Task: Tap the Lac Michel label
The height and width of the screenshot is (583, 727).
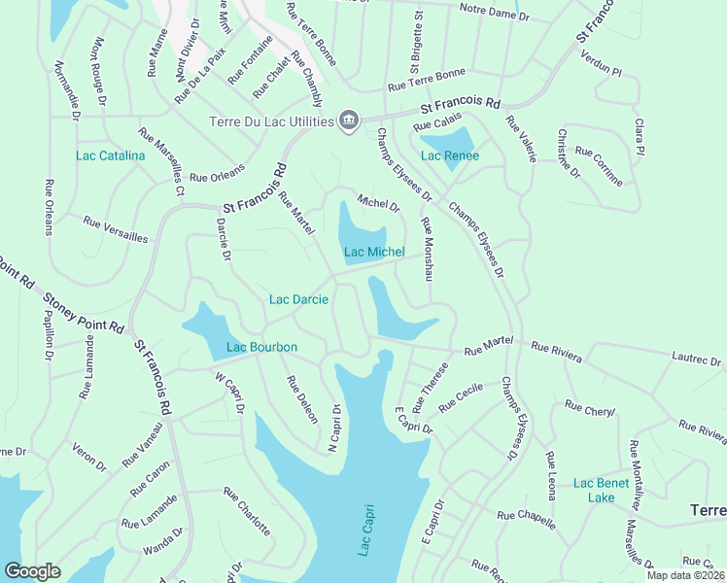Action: click(x=374, y=253)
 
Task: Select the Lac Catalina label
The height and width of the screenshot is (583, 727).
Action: click(x=111, y=155)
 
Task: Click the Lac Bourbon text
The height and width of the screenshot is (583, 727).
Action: click(x=261, y=347)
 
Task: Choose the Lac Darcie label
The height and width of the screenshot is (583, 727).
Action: click(x=299, y=299)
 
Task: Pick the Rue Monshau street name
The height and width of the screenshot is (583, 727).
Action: click(x=426, y=250)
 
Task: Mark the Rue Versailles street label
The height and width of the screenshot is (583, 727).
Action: click(x=116, y=230)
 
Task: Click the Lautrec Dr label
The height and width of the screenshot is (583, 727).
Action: click(x=697, y=360)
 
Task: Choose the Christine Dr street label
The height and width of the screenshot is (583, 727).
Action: click(x=569, y=154)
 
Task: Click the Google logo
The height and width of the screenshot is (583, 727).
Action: click(x=32, y=571)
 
